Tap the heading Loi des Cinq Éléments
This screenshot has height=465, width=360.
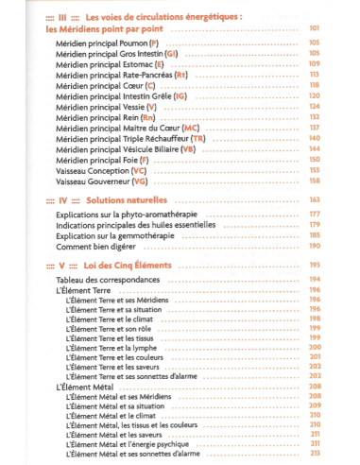pyautogui.click(x=126, y=266)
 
